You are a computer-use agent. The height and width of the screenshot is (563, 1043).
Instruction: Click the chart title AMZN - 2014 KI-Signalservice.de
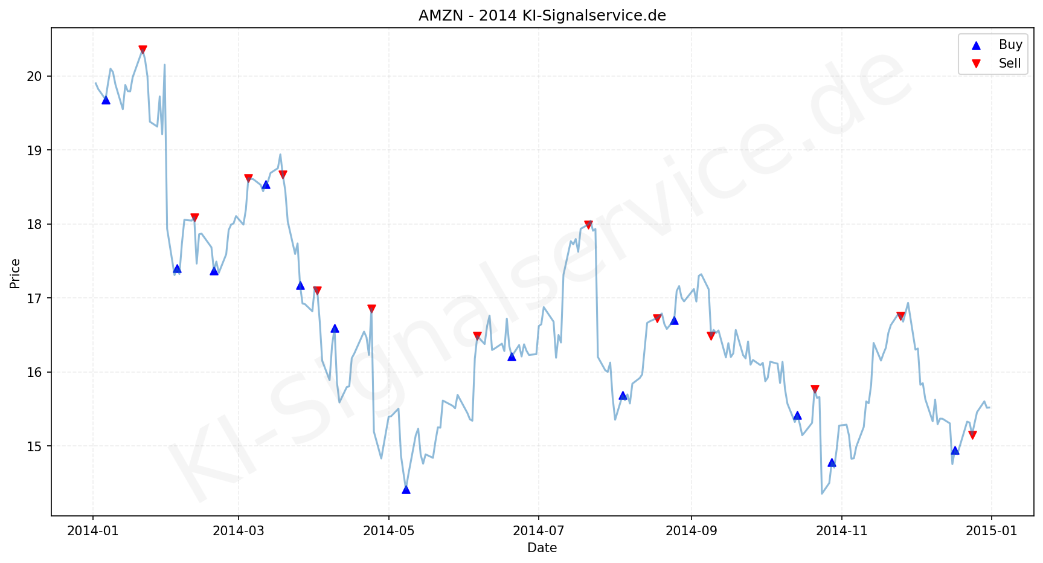tap(542, 16)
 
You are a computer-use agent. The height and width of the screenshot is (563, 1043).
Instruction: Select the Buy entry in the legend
tap(1010, 45)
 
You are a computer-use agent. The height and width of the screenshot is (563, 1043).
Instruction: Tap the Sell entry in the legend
tap(1009, 63)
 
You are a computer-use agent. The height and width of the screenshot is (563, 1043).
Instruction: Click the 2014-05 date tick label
tap(389, 531)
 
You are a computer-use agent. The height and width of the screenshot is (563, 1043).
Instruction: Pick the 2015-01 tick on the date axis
tap(991, 531)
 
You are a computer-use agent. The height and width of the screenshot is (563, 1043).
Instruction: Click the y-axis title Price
tap(15, 273)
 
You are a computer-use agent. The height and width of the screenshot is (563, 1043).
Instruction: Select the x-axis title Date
tap(542, 548)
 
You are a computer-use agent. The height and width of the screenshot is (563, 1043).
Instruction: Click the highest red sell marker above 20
tap(143, 50)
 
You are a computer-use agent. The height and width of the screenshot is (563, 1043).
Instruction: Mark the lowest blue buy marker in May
tap(406, 489)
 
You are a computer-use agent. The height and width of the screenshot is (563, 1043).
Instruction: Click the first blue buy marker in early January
tap(106, 100)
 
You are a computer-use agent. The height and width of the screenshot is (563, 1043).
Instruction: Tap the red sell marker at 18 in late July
tap(588, 225)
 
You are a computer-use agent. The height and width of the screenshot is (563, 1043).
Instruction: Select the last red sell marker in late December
tap(972, 435)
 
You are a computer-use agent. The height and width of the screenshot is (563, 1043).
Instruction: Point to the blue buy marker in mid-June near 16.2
tap(512, 356)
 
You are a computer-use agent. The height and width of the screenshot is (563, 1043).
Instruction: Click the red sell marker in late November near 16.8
tap(900, 316)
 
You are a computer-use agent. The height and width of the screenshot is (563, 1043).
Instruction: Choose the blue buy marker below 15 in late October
tap(832, 463)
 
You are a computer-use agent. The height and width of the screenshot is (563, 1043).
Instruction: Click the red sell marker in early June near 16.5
tap(477, 336)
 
